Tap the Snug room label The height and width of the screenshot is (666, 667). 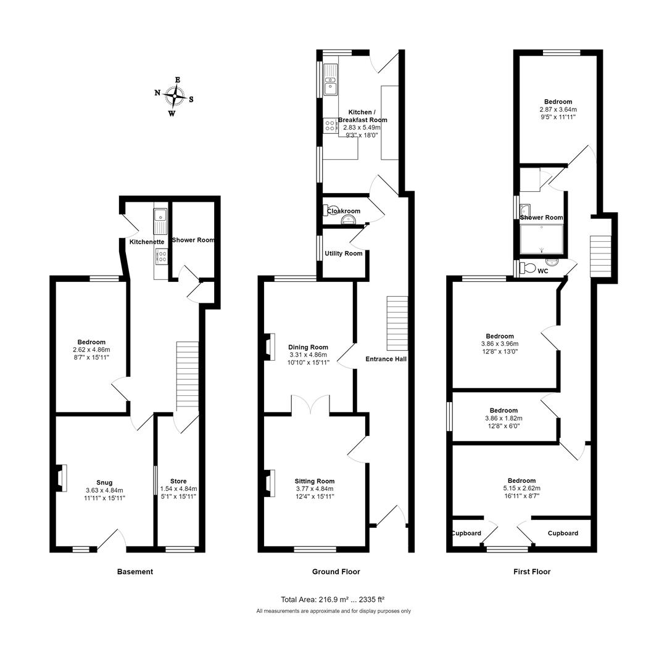104,482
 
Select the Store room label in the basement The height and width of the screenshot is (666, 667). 178,481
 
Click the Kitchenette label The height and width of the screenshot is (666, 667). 147,242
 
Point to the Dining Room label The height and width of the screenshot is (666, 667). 308,347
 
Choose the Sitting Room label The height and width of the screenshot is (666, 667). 314,481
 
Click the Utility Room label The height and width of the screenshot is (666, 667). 344,253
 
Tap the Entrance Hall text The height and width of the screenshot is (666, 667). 386,359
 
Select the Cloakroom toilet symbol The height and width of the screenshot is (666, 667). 328,211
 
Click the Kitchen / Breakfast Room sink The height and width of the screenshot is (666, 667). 331,80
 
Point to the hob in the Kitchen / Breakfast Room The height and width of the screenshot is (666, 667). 330,126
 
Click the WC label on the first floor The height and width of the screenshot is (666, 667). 542,271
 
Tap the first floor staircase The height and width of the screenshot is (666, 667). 600,256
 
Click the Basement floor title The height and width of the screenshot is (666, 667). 135,572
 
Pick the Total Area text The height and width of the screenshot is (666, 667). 333,599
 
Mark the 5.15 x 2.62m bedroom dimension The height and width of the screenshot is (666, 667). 521,488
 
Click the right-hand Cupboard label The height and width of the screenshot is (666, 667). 563,533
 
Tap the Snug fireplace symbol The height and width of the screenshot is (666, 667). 60,479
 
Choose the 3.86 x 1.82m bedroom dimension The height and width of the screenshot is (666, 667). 503,418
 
